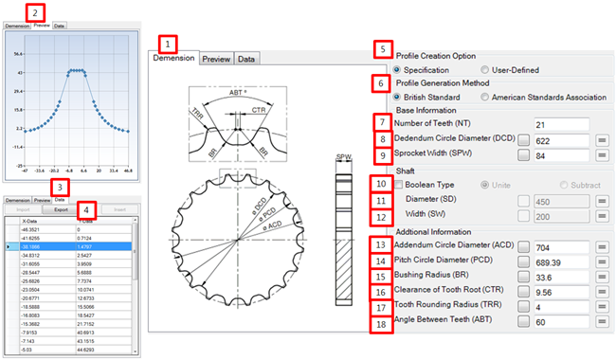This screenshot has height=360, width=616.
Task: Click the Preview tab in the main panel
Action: coord(216,59)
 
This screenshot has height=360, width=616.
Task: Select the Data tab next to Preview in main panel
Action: coord(246,59)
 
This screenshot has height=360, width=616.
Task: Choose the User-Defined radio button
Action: coord(486,70)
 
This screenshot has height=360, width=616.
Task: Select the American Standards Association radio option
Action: coord(486,97)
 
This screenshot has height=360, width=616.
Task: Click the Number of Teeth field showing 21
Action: coord(563,123)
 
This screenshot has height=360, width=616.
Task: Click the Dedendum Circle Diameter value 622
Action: coord(563,140)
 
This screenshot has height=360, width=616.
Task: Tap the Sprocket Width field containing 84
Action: coord(563,157)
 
